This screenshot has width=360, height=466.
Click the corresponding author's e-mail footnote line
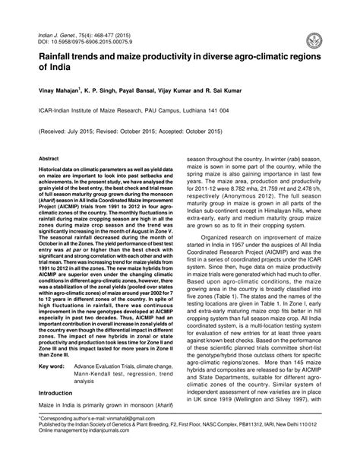point(98,442)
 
